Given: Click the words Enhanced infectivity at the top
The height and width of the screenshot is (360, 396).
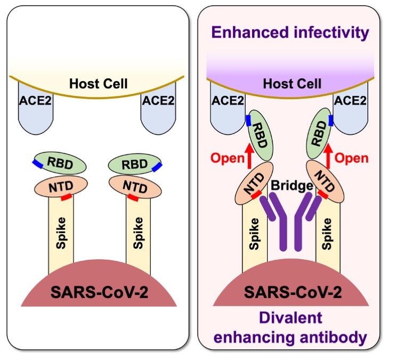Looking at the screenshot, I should [x=290, y=33].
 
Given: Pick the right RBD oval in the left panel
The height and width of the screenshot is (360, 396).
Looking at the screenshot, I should [x=135, y=164].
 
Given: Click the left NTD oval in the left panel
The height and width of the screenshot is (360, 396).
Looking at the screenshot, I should [x=61, y=186].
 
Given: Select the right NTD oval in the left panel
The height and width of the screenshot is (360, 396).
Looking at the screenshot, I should [x=135, y=186].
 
